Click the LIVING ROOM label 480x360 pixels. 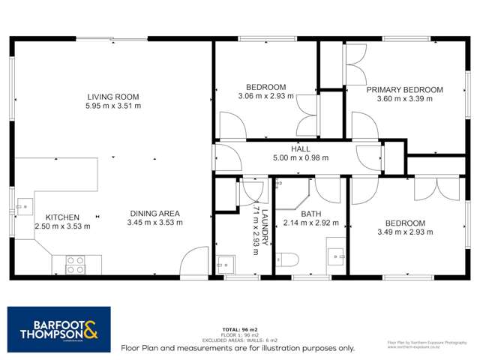pyautogui.click(x=113, y=97)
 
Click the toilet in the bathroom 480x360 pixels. pyautogui.click(x=287, y=260)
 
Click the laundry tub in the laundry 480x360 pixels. pyautogui.click(x=225, y=264)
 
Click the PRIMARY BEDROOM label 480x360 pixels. pyautogui.click(x=404, y=90)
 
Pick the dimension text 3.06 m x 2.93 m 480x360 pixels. pyautogui.click(x=265, y=96)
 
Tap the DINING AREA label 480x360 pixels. pyautogui.click(x=154, y=213)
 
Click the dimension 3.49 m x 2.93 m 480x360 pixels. pyautogui.click(x=405, y=233)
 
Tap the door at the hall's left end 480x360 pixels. pyautogui.click(x=226, y=157)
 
